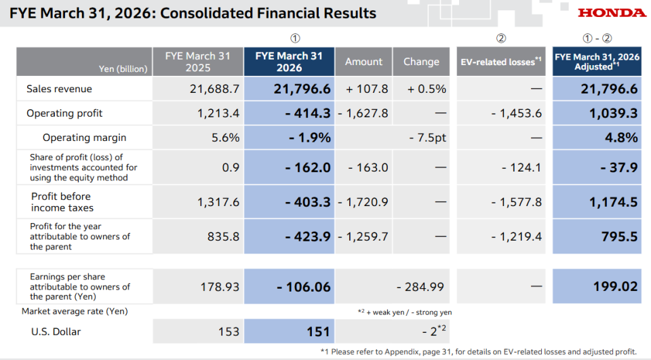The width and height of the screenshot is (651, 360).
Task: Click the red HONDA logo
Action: coord(612,13)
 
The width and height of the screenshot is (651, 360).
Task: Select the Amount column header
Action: coord(363,62)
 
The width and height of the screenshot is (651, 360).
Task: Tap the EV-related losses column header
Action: coord(501,62)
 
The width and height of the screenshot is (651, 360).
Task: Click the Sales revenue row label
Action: coord(60,89)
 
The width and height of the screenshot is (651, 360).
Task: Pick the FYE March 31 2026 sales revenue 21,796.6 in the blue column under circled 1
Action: coord(302,89)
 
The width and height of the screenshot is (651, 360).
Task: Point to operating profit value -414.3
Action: coord(308,113)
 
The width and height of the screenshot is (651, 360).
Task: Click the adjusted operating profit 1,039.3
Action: coord(614,113)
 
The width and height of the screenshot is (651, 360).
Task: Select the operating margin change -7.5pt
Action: coord(428,138)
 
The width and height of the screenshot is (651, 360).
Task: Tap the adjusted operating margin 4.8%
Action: coord(621,138)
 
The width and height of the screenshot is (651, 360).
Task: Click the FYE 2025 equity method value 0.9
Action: coord(231,167)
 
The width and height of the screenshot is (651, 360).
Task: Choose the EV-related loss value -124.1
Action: coord(521,167)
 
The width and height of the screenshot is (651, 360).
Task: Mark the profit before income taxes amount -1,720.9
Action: coord(363,202)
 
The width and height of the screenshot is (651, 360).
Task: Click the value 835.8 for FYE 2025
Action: coord(223,237)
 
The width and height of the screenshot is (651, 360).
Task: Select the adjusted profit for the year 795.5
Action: coord(619,237)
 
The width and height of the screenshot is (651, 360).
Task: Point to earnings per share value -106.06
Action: coord(304,287)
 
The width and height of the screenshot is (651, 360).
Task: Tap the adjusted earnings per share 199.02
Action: coord(615,286)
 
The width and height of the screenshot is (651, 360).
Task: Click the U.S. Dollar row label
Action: coord(56,332)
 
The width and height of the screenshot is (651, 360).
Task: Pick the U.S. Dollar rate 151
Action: coord(319,332)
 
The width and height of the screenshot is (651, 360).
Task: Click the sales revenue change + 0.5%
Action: coord(427,89)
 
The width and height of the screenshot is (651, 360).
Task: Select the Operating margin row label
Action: coord(84,138)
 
